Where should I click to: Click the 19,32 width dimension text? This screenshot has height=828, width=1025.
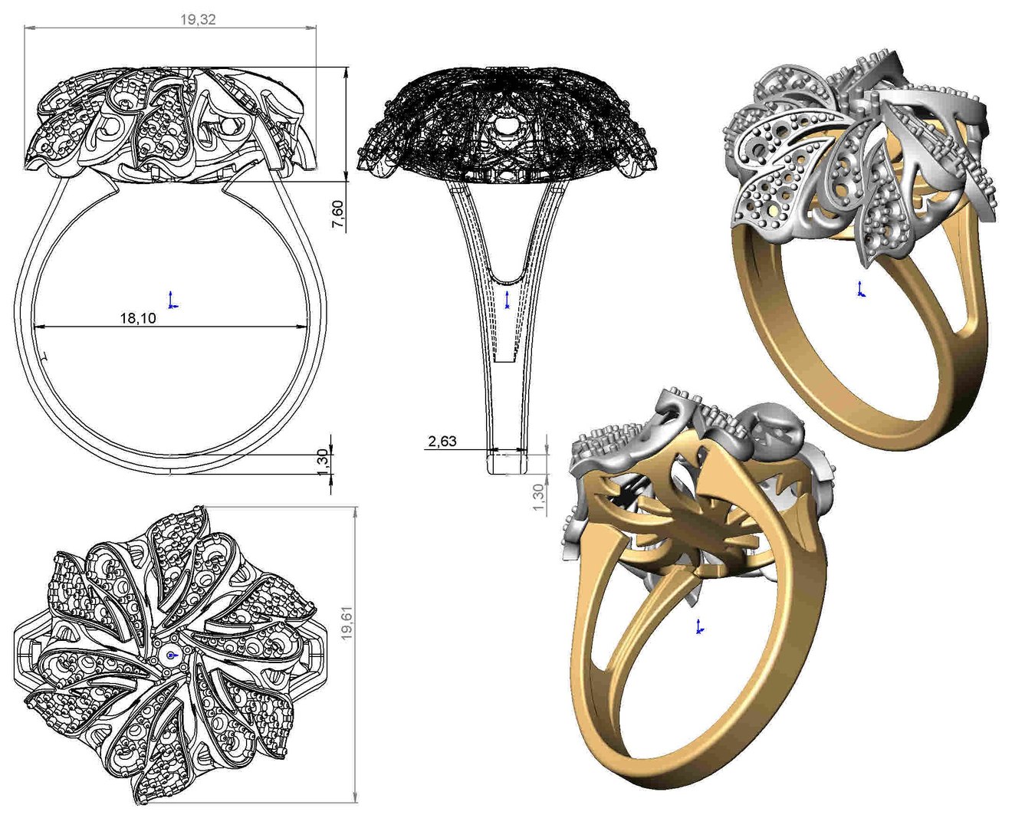point(198,19)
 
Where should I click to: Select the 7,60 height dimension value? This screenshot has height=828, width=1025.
point(337,214)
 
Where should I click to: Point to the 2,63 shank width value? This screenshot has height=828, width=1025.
point(442,441)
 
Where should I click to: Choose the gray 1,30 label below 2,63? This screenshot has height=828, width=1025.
point(538,498)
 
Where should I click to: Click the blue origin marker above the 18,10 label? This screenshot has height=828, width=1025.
point(172,301)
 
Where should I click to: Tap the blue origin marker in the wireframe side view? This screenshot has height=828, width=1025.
point(508,301)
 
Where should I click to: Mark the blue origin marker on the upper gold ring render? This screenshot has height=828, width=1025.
point(860,290)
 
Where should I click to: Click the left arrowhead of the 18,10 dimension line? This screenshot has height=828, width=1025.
point(38,327)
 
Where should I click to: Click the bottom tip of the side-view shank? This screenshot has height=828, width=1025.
point(508,473)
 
